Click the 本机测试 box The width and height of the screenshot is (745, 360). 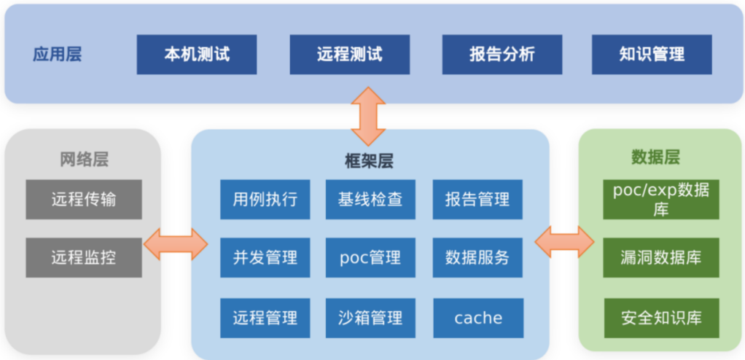point(197,54)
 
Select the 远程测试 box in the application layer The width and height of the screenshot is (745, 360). point(349,54)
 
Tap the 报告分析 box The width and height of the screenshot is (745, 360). point(502,54)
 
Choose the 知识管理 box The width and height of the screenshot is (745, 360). point(652,54)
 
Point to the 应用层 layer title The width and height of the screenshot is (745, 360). point(57,54)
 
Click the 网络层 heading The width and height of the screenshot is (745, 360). point(83,160)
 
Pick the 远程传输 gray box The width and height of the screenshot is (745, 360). point(83,199)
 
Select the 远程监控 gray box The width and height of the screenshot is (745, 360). point(83,257)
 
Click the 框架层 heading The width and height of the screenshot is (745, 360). point(369,160)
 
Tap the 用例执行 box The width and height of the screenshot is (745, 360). point(265,199)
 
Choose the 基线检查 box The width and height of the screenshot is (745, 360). point(370,199)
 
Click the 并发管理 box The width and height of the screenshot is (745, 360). point(265,257)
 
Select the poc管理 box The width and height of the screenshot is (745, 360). point(370,257)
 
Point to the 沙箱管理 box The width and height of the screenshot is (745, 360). point(370,317)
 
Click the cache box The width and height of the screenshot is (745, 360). point(477,317)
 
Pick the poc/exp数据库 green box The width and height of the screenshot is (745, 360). point(660,199)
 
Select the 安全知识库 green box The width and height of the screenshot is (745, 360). point(660,317)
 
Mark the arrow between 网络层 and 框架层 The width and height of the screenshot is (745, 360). point(176,243)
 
